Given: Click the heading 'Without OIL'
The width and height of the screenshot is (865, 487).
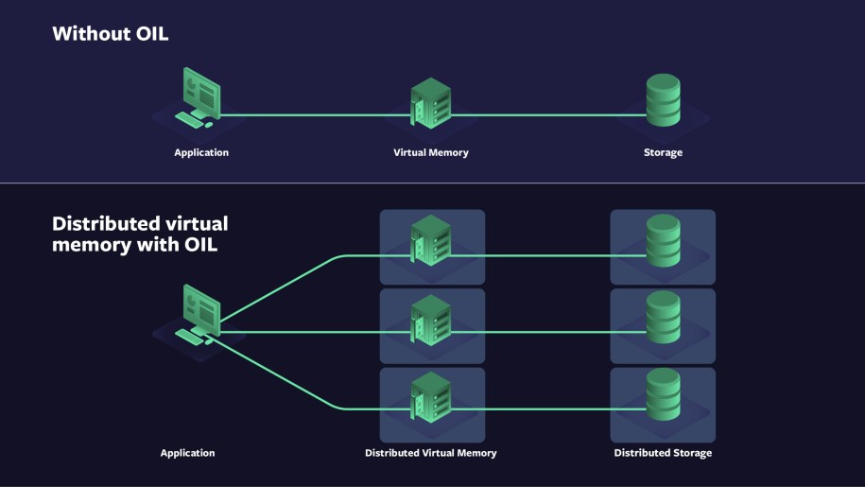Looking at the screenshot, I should [110, 34].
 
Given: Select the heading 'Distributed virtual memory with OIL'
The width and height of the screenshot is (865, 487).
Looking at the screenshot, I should [140, 235].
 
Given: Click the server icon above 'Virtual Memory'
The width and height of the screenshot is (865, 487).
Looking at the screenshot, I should [430, 103].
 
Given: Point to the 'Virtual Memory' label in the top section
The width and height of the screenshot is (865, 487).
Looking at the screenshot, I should [430, 152].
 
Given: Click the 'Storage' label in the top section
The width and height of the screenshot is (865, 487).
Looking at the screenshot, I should [663, 152].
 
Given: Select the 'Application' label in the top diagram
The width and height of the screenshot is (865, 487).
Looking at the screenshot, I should [200, 152].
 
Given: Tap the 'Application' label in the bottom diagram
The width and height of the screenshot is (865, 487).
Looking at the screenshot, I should [187, 453].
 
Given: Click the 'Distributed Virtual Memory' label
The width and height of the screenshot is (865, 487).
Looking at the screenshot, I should [430, 453].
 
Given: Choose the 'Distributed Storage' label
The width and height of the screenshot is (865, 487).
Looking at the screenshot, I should [663, 453].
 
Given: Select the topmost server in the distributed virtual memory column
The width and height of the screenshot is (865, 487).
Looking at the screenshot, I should [430, 241].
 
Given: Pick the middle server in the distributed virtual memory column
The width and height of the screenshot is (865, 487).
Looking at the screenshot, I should [430, 320].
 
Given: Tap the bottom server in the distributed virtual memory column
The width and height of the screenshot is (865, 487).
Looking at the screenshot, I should [430, 398].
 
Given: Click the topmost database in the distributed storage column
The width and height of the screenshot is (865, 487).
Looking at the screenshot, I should [663, 241].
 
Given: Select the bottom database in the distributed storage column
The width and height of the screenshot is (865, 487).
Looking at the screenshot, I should [663, 395].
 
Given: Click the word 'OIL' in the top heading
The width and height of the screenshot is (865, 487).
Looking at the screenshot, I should [149, 34].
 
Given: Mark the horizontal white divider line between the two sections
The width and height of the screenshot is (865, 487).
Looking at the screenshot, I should [432, 183].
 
